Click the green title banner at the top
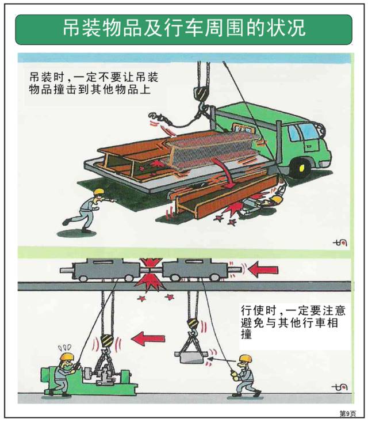pyautogui.click(x=183, y=29)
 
